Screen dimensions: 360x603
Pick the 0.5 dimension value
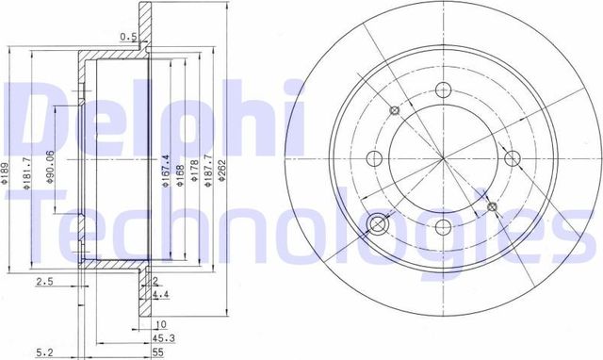128,38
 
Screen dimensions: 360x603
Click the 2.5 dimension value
43,281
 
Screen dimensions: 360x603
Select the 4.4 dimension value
161,294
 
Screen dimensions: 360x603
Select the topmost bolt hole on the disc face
442,91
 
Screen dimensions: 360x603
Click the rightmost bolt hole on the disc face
513,158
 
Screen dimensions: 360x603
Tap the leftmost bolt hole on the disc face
371,158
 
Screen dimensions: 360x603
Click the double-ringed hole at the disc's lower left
378,224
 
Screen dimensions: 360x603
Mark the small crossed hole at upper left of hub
395,113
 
